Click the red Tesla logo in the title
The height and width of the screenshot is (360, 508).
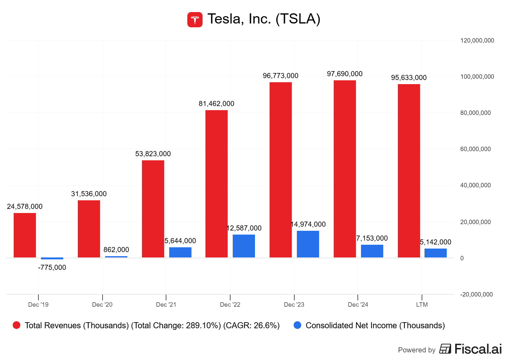pyautogui.click(x=195, y=20)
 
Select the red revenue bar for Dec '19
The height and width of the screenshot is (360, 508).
pyautogui.click(x=25, y=235)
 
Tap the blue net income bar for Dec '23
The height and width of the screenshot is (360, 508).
pyautogui.click(x=308, y=244)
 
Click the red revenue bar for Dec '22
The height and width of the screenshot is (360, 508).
pyautogui.click(x=217, y=183)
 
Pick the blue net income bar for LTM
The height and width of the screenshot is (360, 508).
pyautogui.click(x=435, y=253)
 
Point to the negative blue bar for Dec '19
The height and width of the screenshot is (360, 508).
pyautogui.click(x=52, y=258)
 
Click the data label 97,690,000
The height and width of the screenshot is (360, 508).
pyautogui.click(x=344, y=74)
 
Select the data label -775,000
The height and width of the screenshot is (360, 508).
pyautogui.click(x=52, y=268)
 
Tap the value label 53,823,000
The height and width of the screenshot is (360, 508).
pyautogui.click(x=153, y=154)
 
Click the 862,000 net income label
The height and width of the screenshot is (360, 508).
pyautogui.click(x=116, y=250)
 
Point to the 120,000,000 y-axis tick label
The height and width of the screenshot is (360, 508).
pyautogui.click(x=477, y=41)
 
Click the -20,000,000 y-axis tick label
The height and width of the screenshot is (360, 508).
pyautogui.click(x=476, y=295)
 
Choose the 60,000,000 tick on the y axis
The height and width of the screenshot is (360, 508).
pyautogui.click(x=475, y=149)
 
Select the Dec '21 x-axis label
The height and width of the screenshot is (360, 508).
pyautogui.click(x=166, y=305)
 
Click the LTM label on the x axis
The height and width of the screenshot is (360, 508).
pyautogui.click(x=422, y=305)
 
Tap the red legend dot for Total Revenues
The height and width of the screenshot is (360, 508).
pyautogui.click(x=17, y=325)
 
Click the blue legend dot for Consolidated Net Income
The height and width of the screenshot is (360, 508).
pyautogui.click(x=297, y=325)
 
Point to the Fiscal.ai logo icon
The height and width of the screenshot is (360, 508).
pyautogui.click(x=445, y=349)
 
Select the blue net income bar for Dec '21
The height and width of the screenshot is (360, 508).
pyautogui.click(x=180, y=252)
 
